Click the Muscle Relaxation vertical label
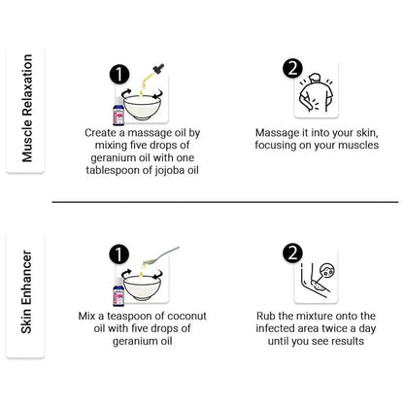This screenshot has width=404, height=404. [x=27, y=108]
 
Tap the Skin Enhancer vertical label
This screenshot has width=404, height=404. [x=26, y=291]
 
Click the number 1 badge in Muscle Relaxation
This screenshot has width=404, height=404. [x=119, y=75]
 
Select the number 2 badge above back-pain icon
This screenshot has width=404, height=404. [x=292, y=69]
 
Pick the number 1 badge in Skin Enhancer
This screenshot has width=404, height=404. [x=118, y=253]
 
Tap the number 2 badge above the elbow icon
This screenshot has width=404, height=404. [x=292, y=253]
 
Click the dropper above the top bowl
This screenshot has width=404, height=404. [x=152, y=75]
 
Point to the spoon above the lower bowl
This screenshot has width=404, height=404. [x=161, y=255]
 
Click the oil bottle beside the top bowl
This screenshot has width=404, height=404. [x=118, y=112]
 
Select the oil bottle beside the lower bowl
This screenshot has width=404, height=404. [x=118, y=292]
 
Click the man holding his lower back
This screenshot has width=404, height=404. [x=316, y=93]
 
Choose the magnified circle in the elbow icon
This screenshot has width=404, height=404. [x=327, y=270]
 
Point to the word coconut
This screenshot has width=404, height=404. [x=187, y=316]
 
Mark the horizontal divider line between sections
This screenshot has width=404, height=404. [x=225, y=202]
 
